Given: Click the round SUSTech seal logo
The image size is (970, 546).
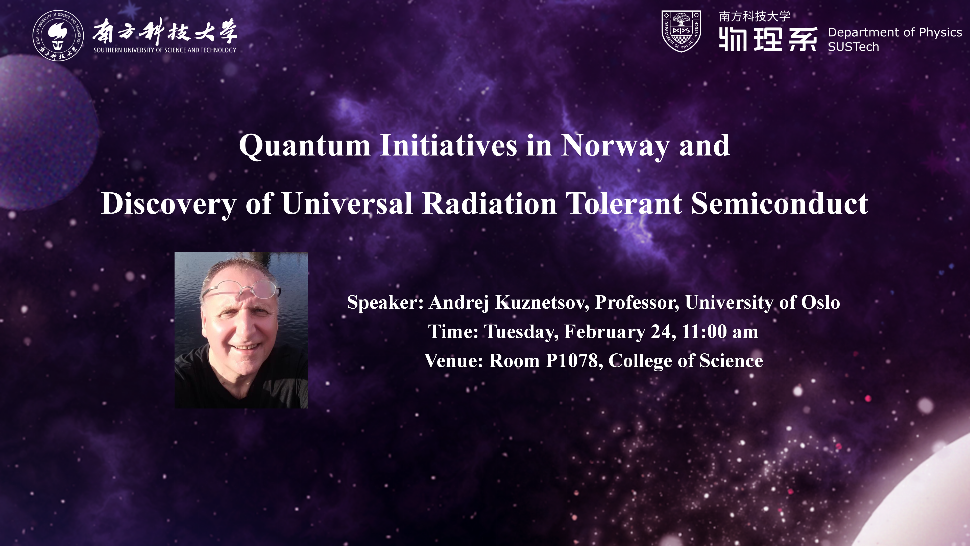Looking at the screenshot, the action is coord(58,35).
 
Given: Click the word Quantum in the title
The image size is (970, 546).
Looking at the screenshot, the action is coord(305,146).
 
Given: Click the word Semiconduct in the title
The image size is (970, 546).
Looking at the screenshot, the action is coord(780,203).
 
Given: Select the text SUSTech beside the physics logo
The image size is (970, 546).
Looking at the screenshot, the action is coord(853,47).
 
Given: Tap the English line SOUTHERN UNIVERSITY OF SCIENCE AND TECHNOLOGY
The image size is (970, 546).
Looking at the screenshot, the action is coord(165,50).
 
